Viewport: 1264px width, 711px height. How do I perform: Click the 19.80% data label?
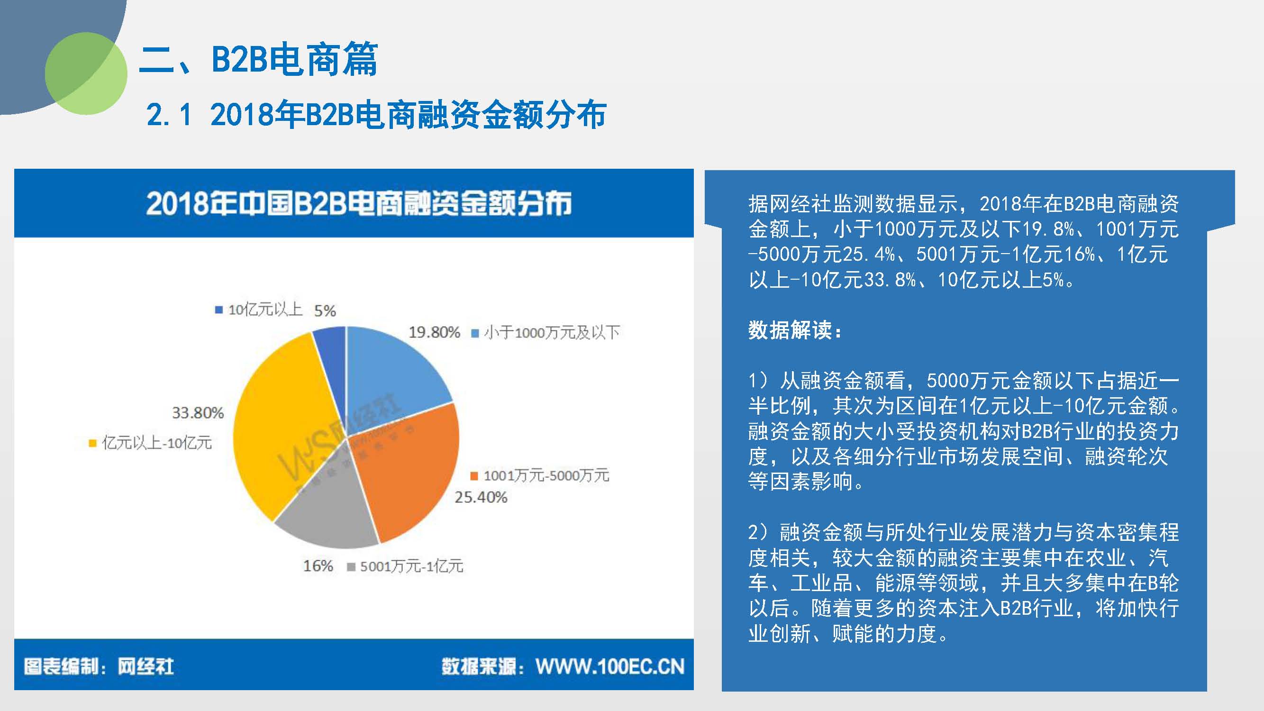pyautogui.click(x=434, y=333)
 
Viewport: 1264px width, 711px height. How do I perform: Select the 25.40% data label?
pyautogui.click(x=481, y=498)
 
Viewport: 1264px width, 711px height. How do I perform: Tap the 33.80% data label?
pyautogui.click(x=198, y=413)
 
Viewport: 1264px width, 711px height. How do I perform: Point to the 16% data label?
pyautogui.click(x=318, y=566)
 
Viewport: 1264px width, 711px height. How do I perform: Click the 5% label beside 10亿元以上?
pyautogui.click(x=325, y=310)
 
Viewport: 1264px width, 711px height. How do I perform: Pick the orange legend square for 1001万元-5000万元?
pyautogui.click(x=474, y=476)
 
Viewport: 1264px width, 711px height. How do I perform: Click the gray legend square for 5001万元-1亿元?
pyautogui.click(x=351, y=567)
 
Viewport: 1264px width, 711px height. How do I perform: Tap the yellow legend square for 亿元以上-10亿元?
pyautogui.click(x=92, y=444)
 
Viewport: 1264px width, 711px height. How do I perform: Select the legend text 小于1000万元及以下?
pyautogui.click(x=552, y=333)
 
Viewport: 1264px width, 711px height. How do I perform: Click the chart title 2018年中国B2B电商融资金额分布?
pyautogui.click(x=359, y=203)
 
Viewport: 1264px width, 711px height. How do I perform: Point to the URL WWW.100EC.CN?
pyautogui.click(x=610, y=666)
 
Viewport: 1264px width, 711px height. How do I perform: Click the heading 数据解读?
pyautogui.click(x=795, y=330)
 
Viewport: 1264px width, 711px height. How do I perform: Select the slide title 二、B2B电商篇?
pyautogui.click(x=259, y=59)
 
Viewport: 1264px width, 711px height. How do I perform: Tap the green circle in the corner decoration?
pyautogui.click(x=86, y=73)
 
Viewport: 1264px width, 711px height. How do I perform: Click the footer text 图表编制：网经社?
pyautogui.click(x=99, y=666)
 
